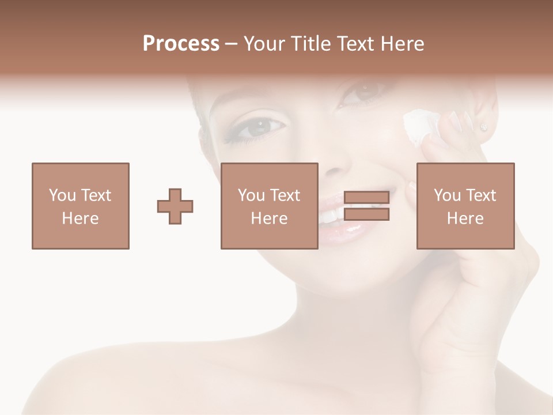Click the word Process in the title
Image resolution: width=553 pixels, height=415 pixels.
point(181,44)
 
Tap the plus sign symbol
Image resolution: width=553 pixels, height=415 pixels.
point(175,206)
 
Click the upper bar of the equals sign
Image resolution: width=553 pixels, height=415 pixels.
point(366,198)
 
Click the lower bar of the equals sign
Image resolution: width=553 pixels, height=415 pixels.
point(366,214)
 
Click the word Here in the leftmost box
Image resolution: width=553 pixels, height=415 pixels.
point(80,218)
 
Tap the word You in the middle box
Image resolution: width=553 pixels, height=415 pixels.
point(251,195)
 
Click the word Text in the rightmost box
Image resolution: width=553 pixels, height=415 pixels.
point(482,195)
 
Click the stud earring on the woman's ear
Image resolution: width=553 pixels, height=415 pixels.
point(483,127)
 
